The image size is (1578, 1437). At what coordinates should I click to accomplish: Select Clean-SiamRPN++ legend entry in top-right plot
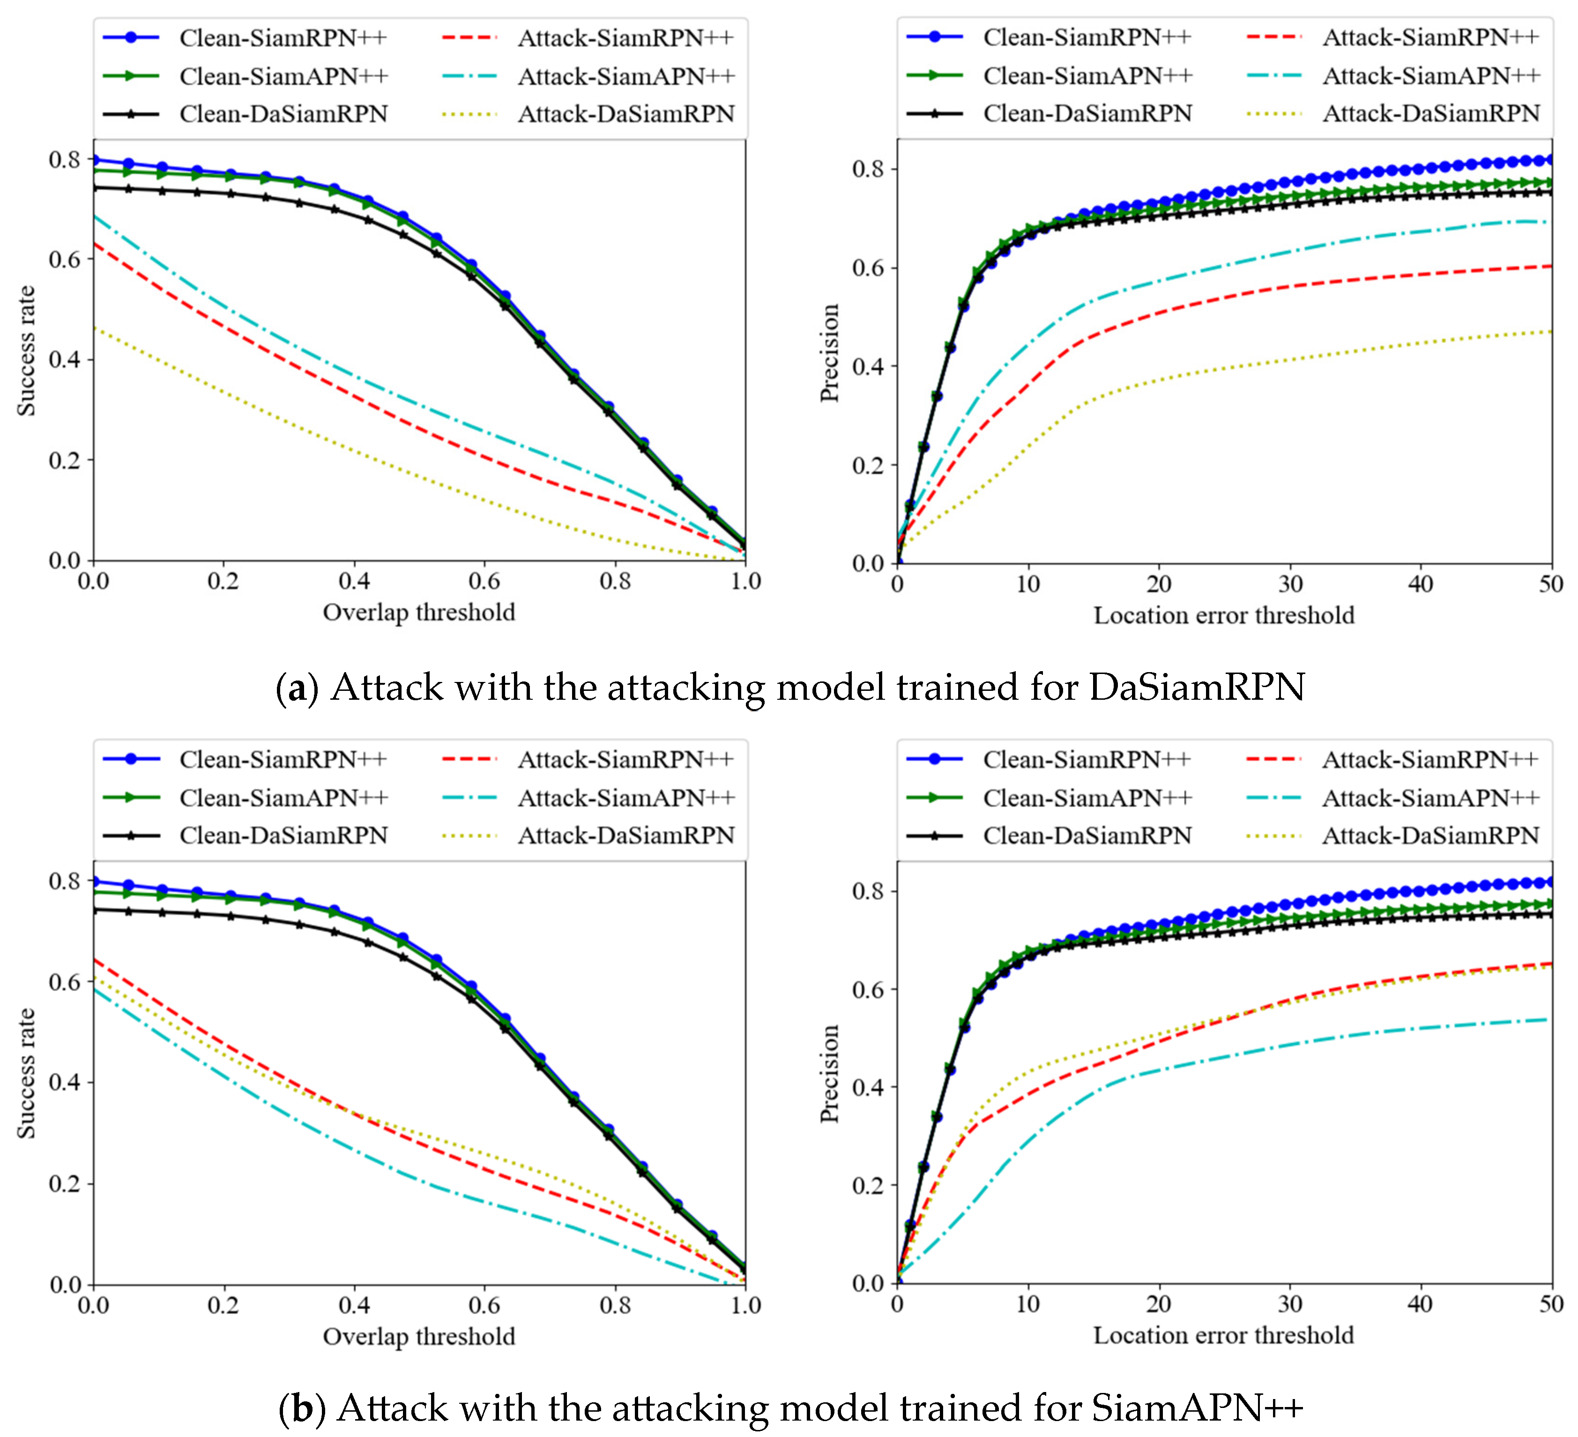point(1087,37)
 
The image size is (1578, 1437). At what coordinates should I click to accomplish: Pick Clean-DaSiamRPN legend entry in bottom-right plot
point(1087,836)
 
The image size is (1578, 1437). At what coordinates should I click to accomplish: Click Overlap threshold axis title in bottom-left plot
point(419,1336)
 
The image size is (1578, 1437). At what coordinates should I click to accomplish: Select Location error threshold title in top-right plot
point(1223,615)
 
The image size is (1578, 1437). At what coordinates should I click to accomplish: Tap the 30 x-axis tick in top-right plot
point(1290,584)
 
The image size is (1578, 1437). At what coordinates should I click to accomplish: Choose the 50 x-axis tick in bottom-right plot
point(1551,1304)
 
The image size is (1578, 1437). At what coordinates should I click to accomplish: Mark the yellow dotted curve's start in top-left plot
point(95,328)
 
